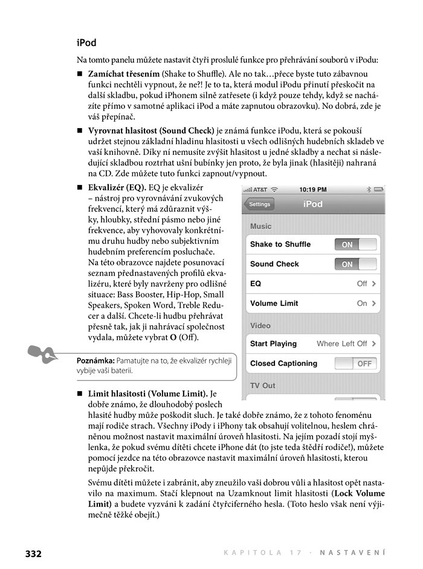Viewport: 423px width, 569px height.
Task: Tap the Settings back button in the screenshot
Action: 259,204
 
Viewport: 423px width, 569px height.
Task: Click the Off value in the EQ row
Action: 362,284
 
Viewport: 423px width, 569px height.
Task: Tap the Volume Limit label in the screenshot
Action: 274,304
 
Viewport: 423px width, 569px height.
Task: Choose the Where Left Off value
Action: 341,343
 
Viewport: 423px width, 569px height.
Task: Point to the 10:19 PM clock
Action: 312,189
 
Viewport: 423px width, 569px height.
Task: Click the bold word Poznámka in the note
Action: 95,360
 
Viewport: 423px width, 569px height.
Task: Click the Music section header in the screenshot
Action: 260,226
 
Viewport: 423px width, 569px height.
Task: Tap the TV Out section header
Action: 262,385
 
